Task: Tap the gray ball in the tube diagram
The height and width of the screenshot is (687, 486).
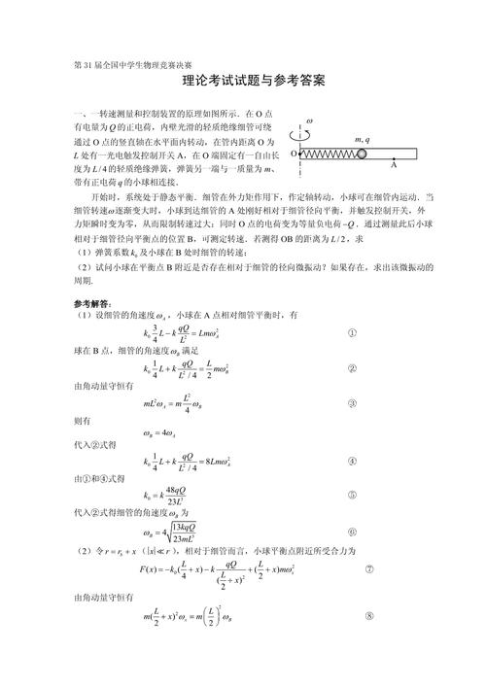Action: tap(361, 153)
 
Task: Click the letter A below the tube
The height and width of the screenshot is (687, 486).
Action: tap(393, 166)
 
